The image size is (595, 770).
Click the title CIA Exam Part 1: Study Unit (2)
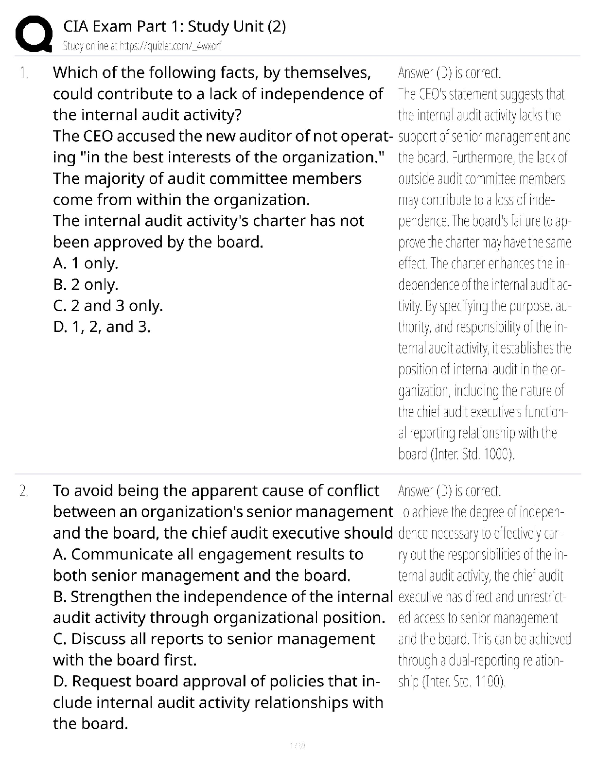pyautogui.click(x=175, y=26)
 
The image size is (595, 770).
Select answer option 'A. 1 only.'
pyautogui.click(x=86, y=263)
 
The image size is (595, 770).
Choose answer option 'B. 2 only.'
pyautogui.click(x=86, y=284)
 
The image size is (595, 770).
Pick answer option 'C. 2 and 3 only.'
pyautogui.click(x=108, y=306)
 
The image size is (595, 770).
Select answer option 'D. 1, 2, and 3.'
pyautogui.click(x=102, y=327)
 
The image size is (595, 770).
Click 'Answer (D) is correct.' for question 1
pyautogui.click(x=449, y=73)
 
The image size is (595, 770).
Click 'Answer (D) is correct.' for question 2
pyautogui.click(x=449, y=491)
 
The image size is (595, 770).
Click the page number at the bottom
pyautogui.click(x=297, y=745)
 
